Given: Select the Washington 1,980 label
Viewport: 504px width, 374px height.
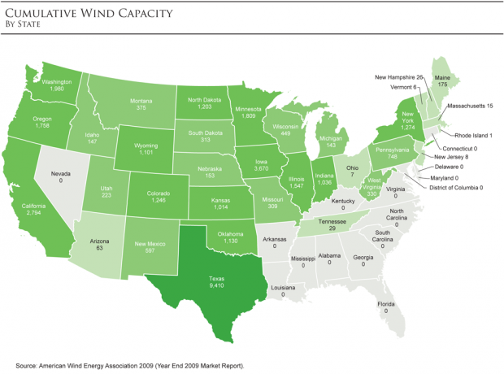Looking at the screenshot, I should (58, 85).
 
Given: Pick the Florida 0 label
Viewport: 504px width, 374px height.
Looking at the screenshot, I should (385, 307).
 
